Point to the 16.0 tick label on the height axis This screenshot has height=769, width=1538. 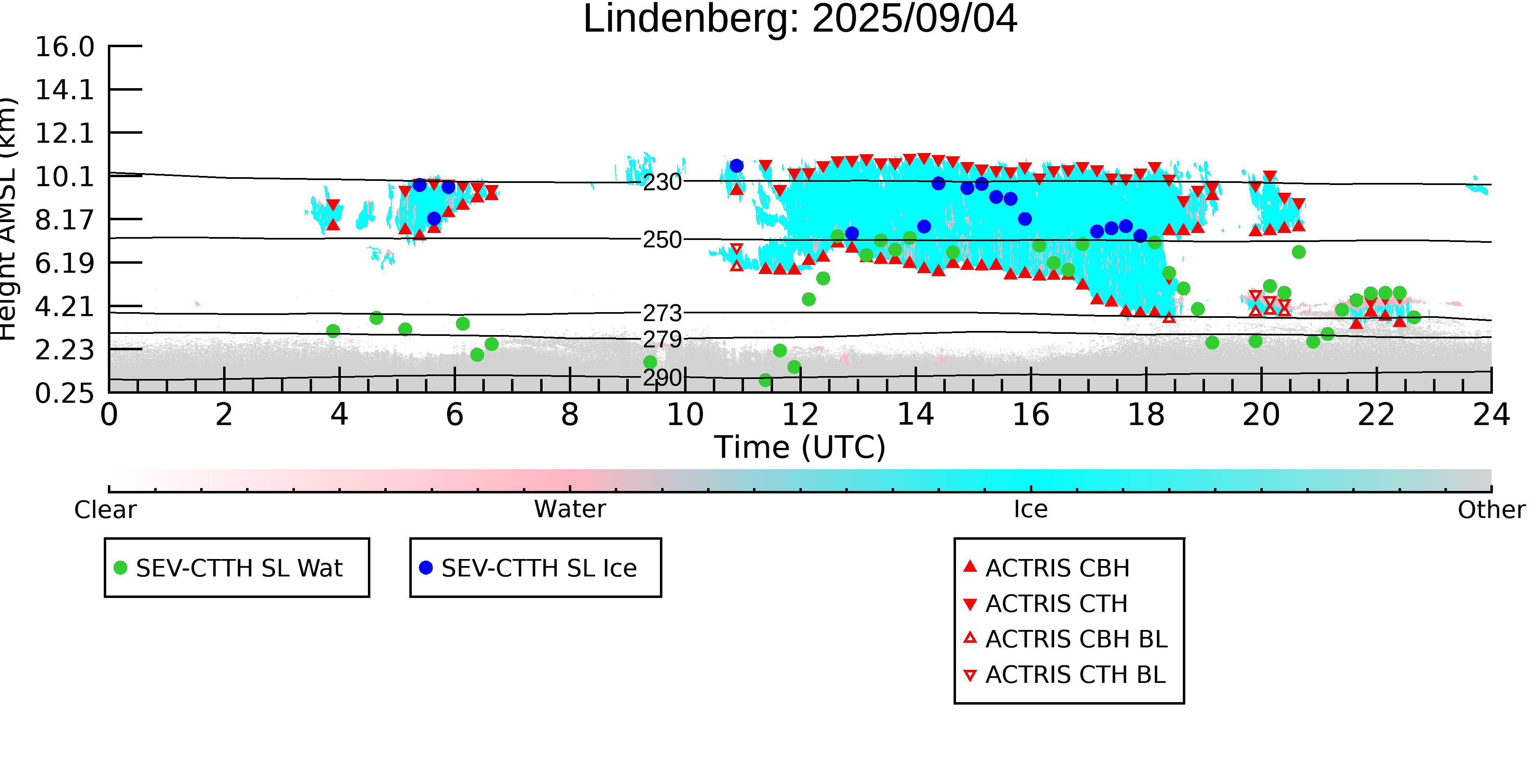point(64,47)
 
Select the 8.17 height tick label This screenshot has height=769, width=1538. point(64,220)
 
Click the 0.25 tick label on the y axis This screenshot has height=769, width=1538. point(64,393)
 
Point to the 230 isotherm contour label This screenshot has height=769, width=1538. point(662,182)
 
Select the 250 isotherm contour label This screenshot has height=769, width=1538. point(662,240)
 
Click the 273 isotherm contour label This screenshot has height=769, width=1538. point(662,313)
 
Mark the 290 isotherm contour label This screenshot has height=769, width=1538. point(662,378)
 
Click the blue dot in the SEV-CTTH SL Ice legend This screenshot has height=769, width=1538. point(426,568)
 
